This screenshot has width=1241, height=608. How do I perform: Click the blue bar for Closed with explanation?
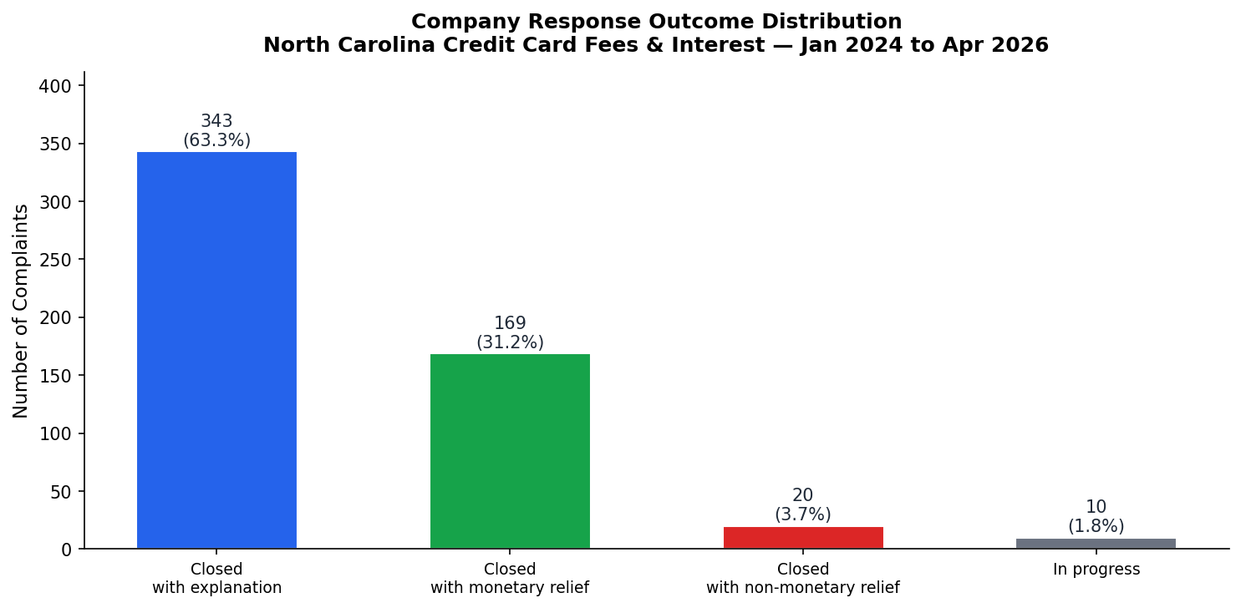click(216, 350)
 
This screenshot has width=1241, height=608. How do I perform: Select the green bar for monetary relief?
click(510, 451)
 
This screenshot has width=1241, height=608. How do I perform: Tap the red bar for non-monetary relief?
click(802, 538)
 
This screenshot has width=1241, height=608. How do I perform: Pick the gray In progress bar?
click(1096, 544)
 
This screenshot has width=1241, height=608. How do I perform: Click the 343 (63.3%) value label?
click(216, 131)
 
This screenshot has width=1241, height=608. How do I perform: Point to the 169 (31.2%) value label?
click(510, 333)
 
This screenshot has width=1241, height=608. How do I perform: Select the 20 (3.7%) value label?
click(802, 505)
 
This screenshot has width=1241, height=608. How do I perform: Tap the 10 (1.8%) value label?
click(1096, 517)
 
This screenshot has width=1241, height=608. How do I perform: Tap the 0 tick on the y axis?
click(66, 550)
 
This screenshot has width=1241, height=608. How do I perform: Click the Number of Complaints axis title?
click(21, 311)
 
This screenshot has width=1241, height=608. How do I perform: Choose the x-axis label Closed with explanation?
click(216, 579)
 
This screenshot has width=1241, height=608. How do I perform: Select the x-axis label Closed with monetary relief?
click(510, 579)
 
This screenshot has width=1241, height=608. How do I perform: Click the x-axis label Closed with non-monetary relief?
click(802, 579)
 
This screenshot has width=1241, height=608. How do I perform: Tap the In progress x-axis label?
click(1096, 570)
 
